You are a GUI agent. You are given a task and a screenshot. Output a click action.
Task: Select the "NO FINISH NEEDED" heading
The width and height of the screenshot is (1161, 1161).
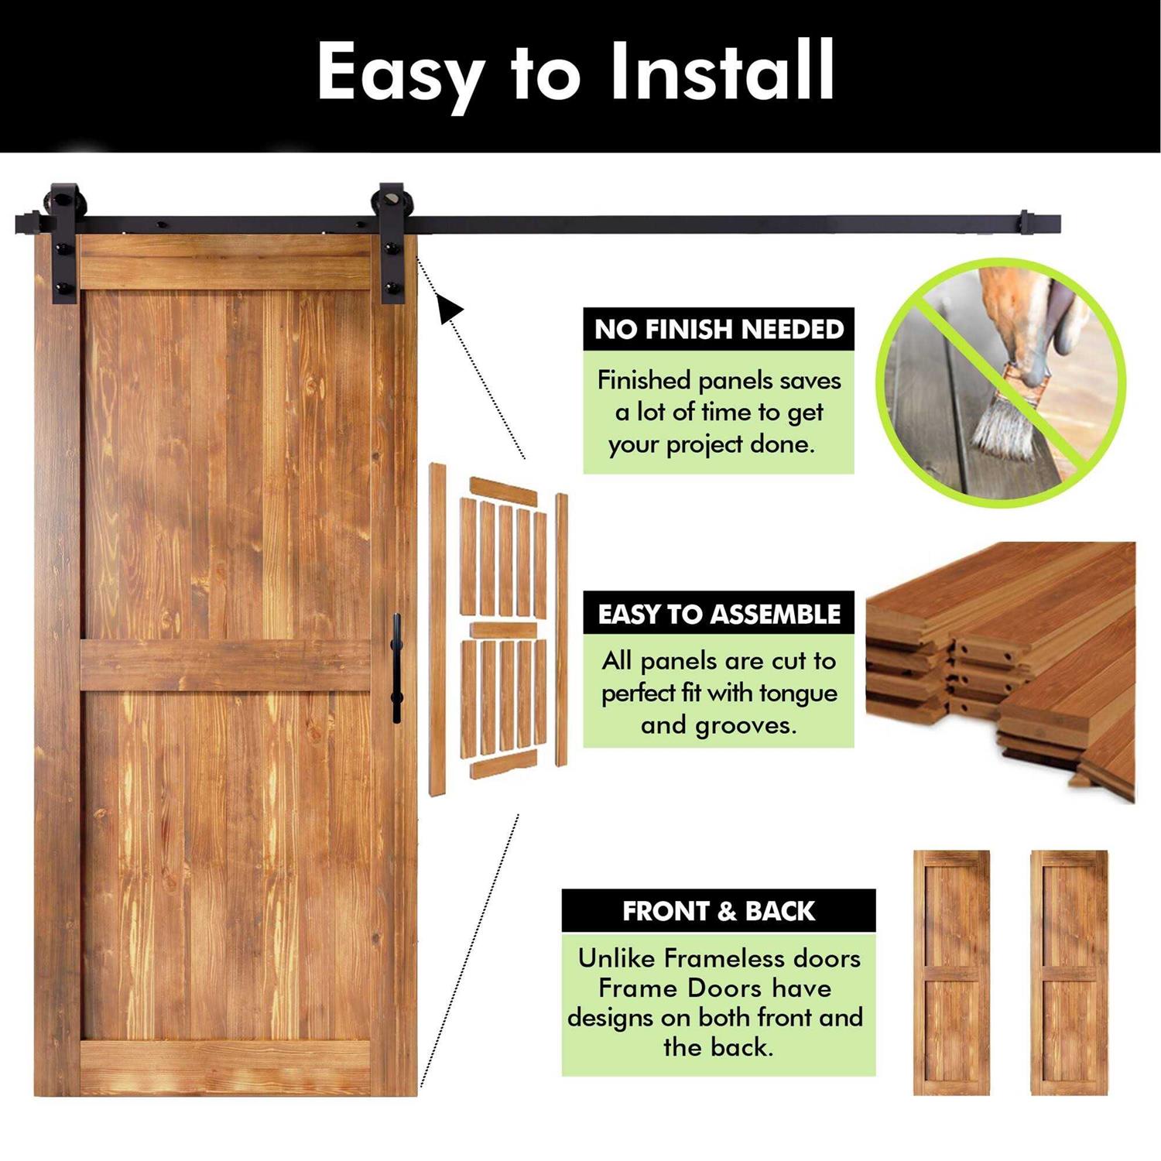pos(719,329)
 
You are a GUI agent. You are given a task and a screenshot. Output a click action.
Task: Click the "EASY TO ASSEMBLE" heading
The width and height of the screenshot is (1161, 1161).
pos(719,614)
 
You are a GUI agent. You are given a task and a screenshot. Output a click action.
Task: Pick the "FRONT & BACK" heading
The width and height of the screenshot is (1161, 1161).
pos(718,911)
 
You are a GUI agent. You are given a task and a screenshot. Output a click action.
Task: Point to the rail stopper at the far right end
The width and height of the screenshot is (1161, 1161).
pos(1024,223)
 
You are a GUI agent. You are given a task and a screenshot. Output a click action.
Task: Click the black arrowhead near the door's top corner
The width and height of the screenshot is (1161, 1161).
pos(450,308)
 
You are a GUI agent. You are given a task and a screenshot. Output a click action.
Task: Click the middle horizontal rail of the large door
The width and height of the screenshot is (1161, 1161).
pos(225,666)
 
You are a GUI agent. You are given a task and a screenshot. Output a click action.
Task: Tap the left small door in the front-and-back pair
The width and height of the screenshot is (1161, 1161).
pos(951,972)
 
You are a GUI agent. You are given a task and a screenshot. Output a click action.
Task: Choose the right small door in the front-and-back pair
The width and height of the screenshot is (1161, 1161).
pos(1069,972)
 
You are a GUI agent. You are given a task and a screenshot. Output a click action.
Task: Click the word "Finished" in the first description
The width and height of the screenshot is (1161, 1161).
pos(644,380)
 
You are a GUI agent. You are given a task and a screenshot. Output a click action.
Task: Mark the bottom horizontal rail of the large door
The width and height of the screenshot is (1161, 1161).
pos(225,1068)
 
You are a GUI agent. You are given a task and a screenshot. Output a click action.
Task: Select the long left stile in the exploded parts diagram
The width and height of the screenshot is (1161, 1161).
pos(438,629)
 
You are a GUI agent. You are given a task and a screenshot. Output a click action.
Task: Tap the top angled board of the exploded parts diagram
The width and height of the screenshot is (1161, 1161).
pos(504,491)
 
